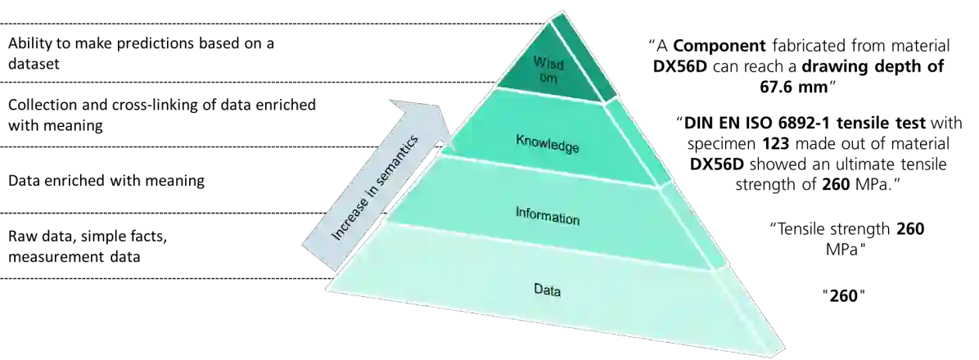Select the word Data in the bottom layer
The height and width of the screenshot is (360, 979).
pyautogui.click(x=548, y=289)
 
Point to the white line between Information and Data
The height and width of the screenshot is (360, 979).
pyautogui.click(x=548, y=245)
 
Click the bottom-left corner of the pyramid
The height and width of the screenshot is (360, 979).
pyautogui.click(x=327, y=287)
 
